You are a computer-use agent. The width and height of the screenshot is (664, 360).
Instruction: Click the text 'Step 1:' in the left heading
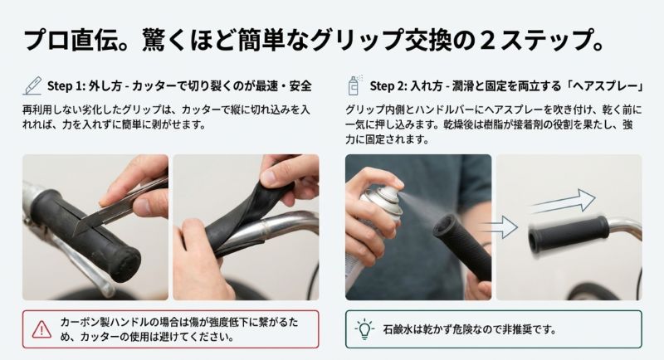click(x=67, y=85)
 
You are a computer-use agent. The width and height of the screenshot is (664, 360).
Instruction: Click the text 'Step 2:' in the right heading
click(x=390, y=85)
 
